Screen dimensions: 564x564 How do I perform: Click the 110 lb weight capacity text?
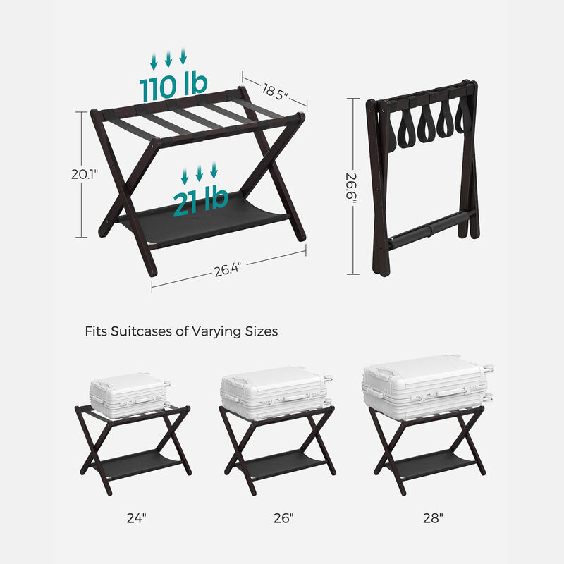tap(173, 86)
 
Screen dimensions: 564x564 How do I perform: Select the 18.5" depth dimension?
tap(276, 91)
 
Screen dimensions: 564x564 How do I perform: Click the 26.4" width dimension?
tap(228, 269)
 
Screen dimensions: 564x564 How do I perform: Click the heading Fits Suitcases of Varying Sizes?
tap(181, 331)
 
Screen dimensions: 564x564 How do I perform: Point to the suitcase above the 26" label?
tap(276, 392)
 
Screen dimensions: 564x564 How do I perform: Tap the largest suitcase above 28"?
tap(427, 386)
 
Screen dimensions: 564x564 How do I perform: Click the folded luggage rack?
tap(422, 176)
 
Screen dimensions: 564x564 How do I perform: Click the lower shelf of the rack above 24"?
tap(133, 465)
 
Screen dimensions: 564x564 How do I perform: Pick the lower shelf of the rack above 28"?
tap(431, 465)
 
